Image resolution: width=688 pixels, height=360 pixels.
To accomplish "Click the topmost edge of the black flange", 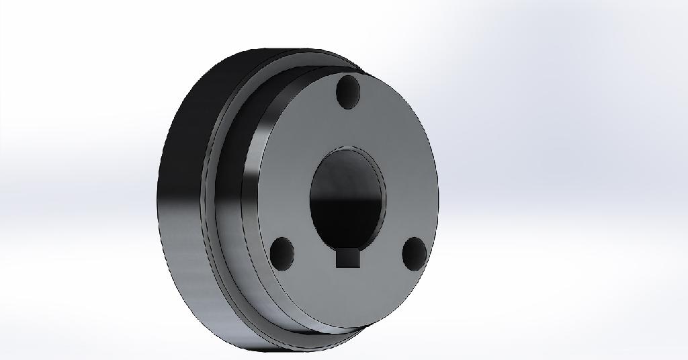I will coord(282,50).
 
